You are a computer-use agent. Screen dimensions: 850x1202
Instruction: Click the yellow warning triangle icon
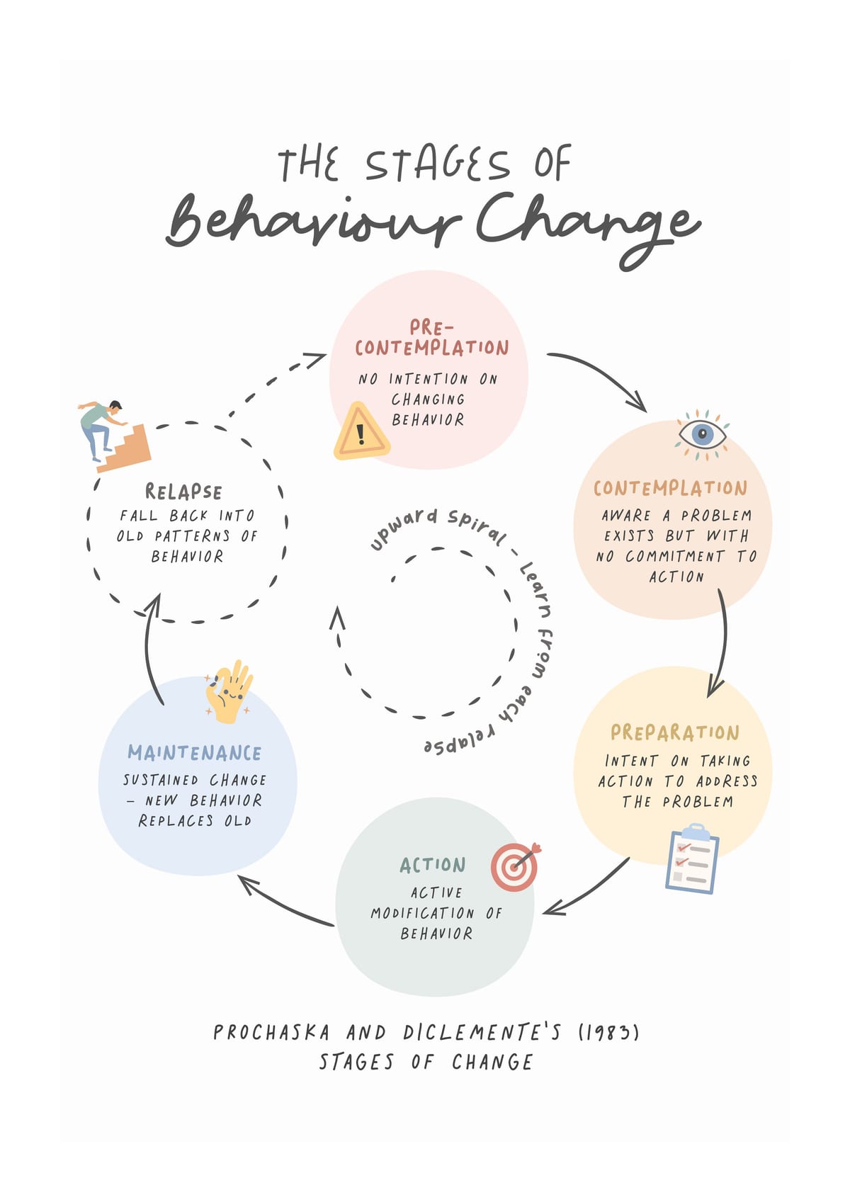pos(362,431)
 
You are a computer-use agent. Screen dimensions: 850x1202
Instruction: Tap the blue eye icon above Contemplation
pos(702,435)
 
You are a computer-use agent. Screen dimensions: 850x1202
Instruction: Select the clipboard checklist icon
pos(692,858)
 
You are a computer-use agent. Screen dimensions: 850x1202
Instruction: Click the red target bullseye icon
pos(516,867)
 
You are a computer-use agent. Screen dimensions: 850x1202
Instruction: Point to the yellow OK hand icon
pos(229,692)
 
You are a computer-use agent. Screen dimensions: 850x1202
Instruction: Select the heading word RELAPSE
pos(183,492)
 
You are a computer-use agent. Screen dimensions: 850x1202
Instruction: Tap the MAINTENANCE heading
pos(194,753)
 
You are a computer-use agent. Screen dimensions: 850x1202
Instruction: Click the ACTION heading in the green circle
pos(433,865)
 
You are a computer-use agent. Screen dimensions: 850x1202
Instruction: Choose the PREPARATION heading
pos(675,732)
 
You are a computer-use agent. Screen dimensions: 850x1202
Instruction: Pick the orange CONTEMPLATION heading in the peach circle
pos(670,488)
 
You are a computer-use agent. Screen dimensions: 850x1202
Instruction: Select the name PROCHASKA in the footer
pos(271,1033)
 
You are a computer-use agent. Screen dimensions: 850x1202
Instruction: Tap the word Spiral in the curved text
pos(477,526)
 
